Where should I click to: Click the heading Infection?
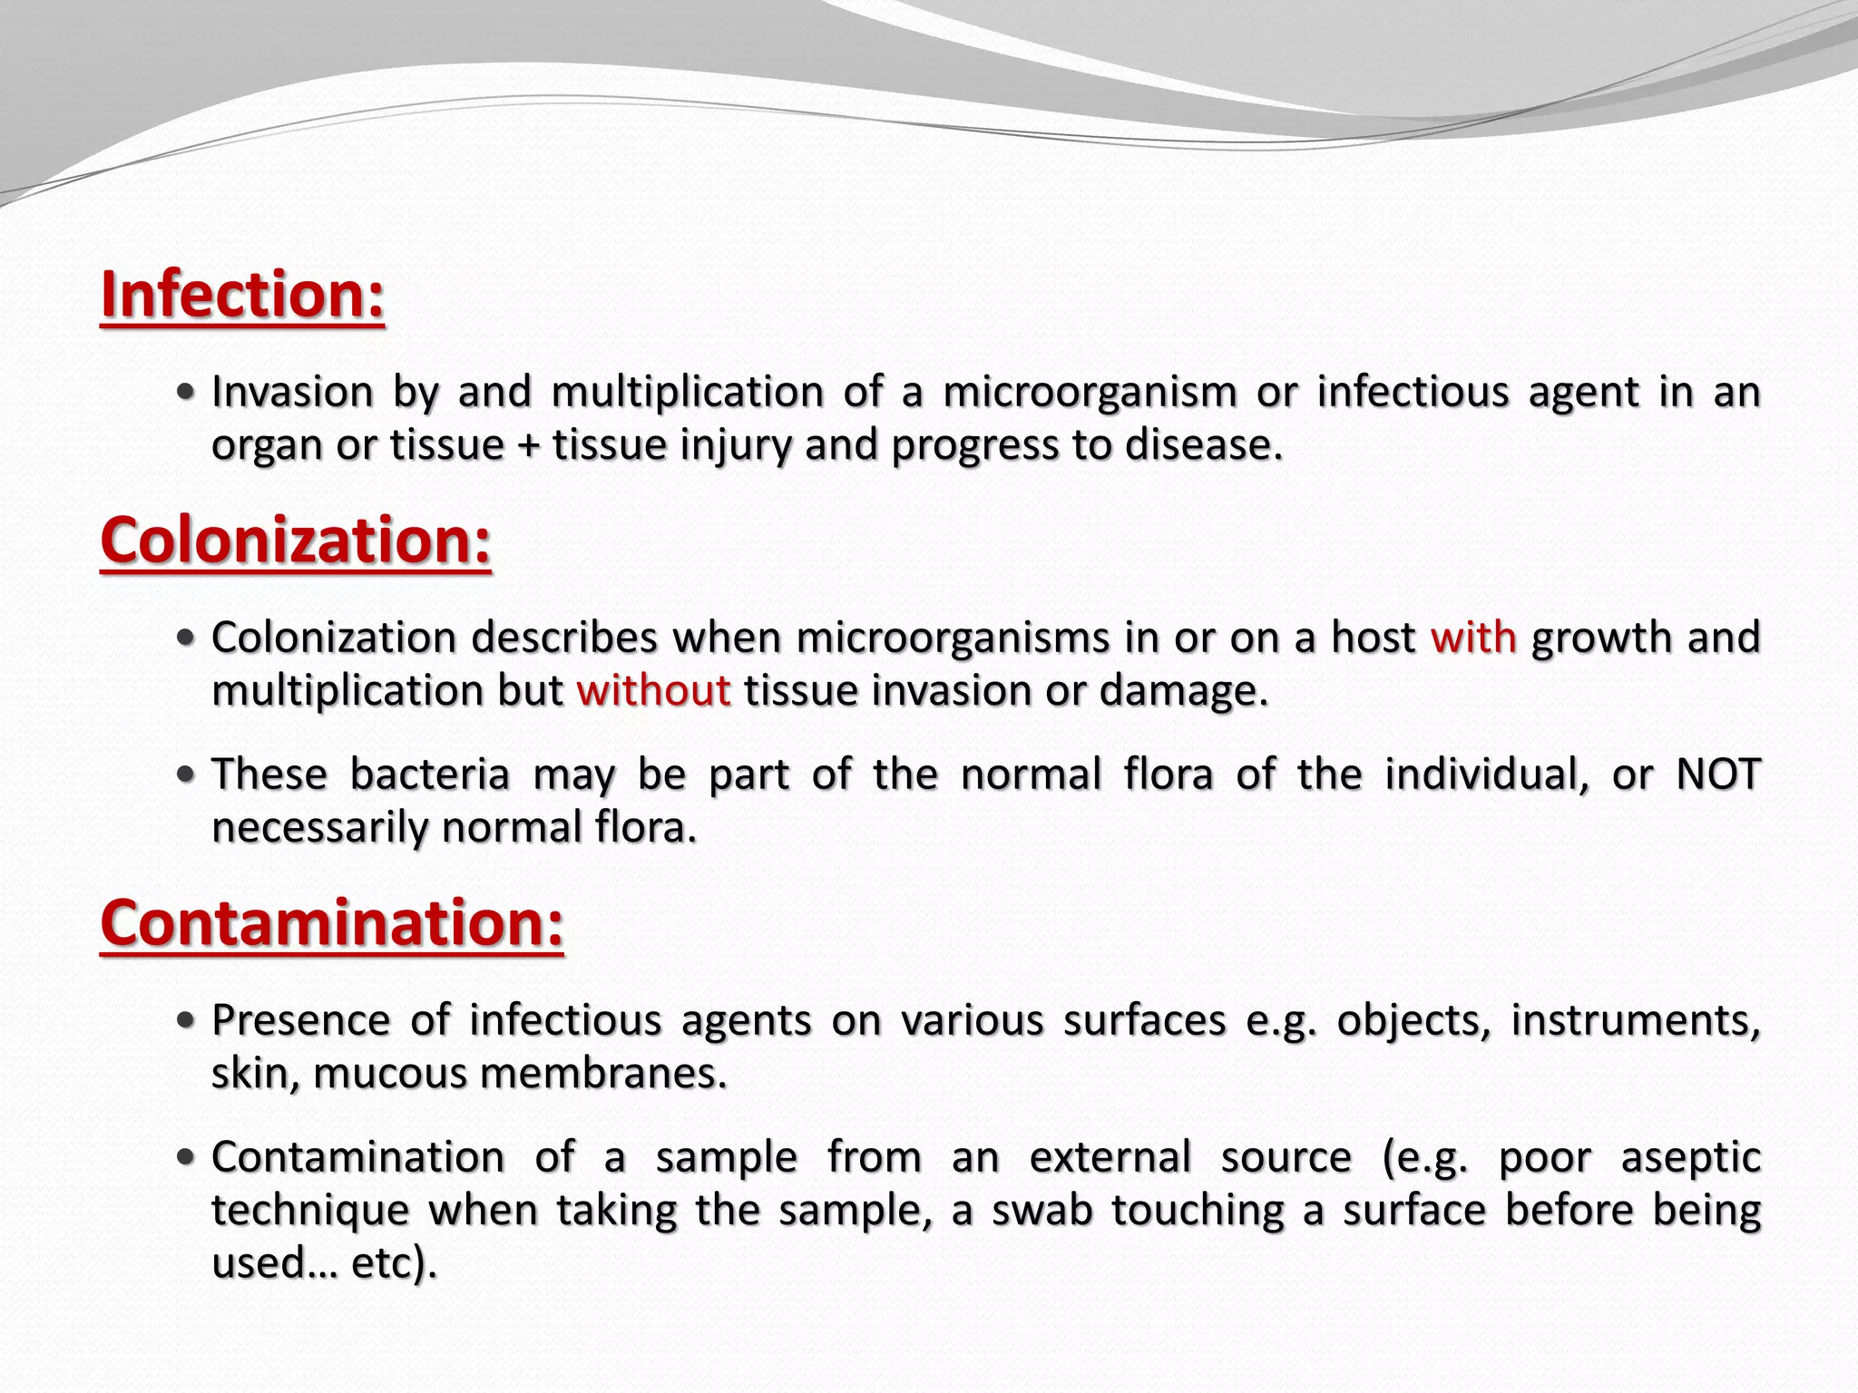pyautogui.click(x=242, y=295)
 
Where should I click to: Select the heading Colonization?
pyautogui.click(x=296, y=541)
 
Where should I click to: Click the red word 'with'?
pyautogui.click(x=1473, y=638)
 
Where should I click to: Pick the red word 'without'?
pyautogui.click(x=653, y=691)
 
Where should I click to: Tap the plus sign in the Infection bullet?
pyautogui.click(x=529, y=446)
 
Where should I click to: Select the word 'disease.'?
pyautogui.click(x=1204, y=445)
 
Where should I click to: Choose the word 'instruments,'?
pyautogui.click(x=1636, y=1020)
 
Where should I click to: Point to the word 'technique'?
pyautogui.click(x=308, y=1212)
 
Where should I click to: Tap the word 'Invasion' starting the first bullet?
pyautogui.click(x=292, y=392)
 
